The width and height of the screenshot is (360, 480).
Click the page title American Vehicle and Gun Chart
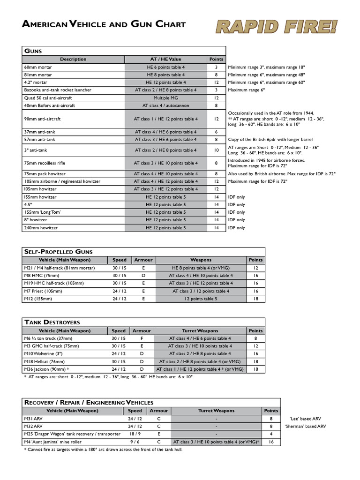click(x=104, y=24)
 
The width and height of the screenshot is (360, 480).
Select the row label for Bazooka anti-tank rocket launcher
click(x=58, y=90)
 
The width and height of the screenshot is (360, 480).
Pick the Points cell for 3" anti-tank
click(x=216, y=150)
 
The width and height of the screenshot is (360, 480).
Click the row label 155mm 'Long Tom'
click(x=43, y=212)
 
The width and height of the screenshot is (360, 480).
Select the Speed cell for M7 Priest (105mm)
click(x=119, y=291)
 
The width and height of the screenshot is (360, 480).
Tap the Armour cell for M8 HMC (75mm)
click(x=143, y=276)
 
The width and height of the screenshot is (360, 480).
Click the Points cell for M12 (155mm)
click(x=255, y=299)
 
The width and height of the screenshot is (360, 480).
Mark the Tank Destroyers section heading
click(x=52, y=322)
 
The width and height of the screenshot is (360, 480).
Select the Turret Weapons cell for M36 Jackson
click(x=200, y=369)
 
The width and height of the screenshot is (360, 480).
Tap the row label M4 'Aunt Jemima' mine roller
click(x=57, y=442)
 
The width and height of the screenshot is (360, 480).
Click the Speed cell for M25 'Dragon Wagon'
click(x=135, y=434)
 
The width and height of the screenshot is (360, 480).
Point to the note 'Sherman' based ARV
click(x=305, y=426)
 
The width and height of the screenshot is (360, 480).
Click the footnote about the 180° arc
click(x=103, y=450)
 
